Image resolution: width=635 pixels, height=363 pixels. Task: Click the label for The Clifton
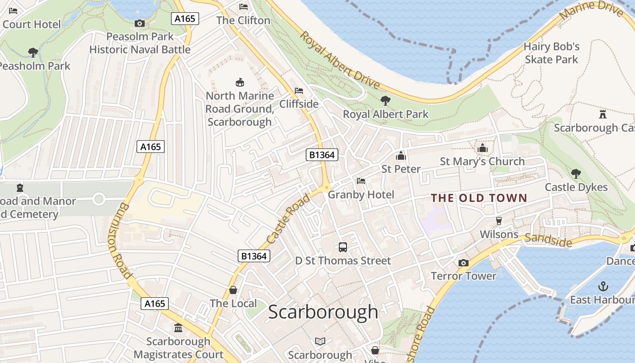[243, 20]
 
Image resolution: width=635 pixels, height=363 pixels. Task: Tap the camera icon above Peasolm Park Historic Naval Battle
[140, 23]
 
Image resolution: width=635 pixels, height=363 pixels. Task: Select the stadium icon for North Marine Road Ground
[240, 83]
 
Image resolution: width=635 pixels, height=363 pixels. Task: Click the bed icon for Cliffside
[299, 91]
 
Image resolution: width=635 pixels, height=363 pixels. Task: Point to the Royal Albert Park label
[386, 114]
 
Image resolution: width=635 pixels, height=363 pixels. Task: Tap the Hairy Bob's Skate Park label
[552, 53]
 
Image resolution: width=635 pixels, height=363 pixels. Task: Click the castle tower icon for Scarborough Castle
[602, 114]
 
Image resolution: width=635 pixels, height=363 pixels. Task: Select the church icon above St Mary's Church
[482, 148]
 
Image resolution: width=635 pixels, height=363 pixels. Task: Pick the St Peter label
[401, 169]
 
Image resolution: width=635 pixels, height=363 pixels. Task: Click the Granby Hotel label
[361, 195]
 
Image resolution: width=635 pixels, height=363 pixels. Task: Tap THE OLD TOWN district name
[479, 198]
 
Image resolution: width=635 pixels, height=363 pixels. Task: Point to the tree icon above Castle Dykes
[576, 173]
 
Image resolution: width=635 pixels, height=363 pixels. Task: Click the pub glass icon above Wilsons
[499, 221]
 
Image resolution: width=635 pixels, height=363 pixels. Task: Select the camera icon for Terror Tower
[463, 263]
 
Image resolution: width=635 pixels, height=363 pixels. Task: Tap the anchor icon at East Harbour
[603, 286]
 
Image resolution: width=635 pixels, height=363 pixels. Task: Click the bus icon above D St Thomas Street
[343, 247]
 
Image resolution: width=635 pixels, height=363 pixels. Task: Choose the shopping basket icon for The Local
[233, 290]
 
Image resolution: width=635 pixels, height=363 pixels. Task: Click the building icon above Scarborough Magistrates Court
[178, 328]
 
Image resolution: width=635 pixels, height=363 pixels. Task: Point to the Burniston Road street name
[120, 241]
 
